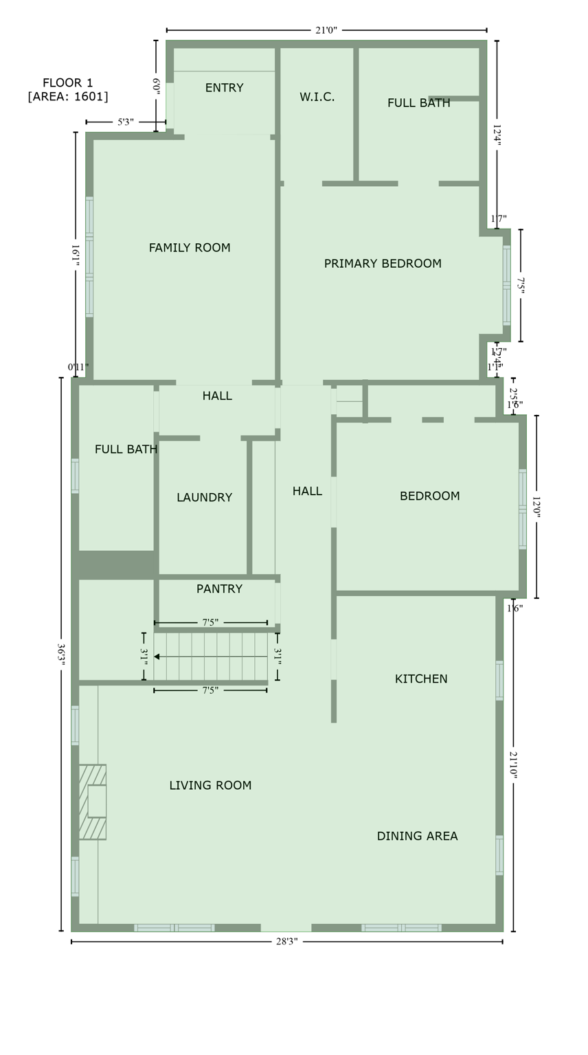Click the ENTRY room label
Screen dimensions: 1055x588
tap(224, 88)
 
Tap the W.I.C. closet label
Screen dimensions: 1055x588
tap(317, 98)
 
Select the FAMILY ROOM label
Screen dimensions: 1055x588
tap(190, 248)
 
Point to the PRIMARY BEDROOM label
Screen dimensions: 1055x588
tap(383, 264)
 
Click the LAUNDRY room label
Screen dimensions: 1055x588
tap(204, 497)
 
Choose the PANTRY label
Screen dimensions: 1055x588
tap(219, 589)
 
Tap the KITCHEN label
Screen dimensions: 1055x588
tap(420, 679)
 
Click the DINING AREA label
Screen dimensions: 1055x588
tap(417, 836)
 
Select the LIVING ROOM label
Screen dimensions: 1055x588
tap(210, 785)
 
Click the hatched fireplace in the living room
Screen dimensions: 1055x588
tap(92, 802)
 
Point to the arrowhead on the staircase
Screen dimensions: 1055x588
tap(157, 657)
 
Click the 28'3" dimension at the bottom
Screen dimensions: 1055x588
tap(286, 942)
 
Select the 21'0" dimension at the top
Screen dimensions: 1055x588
tap(326, 30)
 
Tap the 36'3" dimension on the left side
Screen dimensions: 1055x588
tap(61, 653)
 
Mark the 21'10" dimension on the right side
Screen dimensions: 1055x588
tap(513, 764)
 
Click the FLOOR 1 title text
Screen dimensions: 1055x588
tap(67, 82)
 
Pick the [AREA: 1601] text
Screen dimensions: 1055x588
tap(67, 97)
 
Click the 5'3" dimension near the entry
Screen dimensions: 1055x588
tap(126, 122)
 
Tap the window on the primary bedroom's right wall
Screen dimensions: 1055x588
tap(506, 285)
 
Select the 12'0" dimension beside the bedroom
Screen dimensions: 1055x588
tap(536, 507)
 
